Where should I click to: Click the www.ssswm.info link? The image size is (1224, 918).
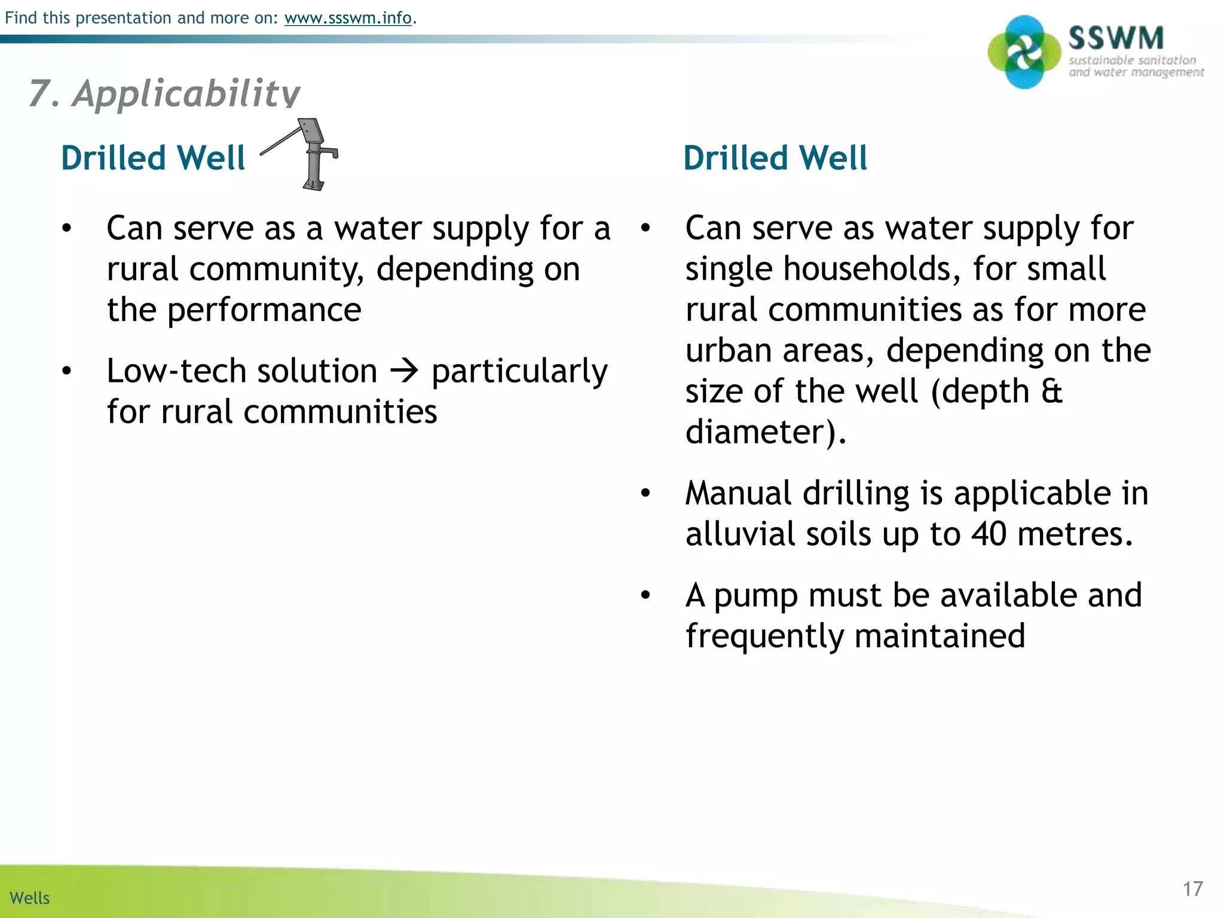click(x=348, y=18)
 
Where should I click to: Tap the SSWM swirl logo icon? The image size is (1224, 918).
click(x=1024, y=53)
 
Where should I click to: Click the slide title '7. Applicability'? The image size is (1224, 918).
click(x=164, y=94)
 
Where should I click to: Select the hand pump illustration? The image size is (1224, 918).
click(x=306, y=154)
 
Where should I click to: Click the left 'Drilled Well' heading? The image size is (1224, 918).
click(x=153, y=158)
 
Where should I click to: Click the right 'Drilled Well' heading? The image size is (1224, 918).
click(x=775, y=158)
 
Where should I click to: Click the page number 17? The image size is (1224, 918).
click(x=1192, y=889)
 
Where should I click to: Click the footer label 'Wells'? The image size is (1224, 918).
click(x=30, y=898)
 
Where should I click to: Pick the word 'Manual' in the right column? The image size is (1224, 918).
click(x=738, y=493)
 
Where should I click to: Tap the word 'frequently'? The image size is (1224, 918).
click(x=764, y=636)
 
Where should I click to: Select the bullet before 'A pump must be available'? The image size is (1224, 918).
click(x=645, y=595)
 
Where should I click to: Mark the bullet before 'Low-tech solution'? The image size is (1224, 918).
click(x=66, y=371)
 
